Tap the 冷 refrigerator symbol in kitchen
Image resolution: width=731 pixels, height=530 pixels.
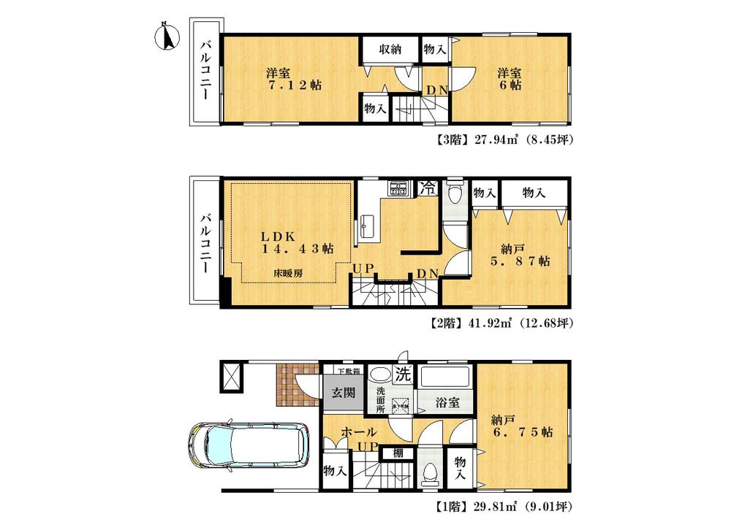click(428, 187)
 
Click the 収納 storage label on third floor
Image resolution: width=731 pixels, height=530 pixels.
click(390, 50)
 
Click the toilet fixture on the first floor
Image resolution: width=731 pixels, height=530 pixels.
click(430, 474)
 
